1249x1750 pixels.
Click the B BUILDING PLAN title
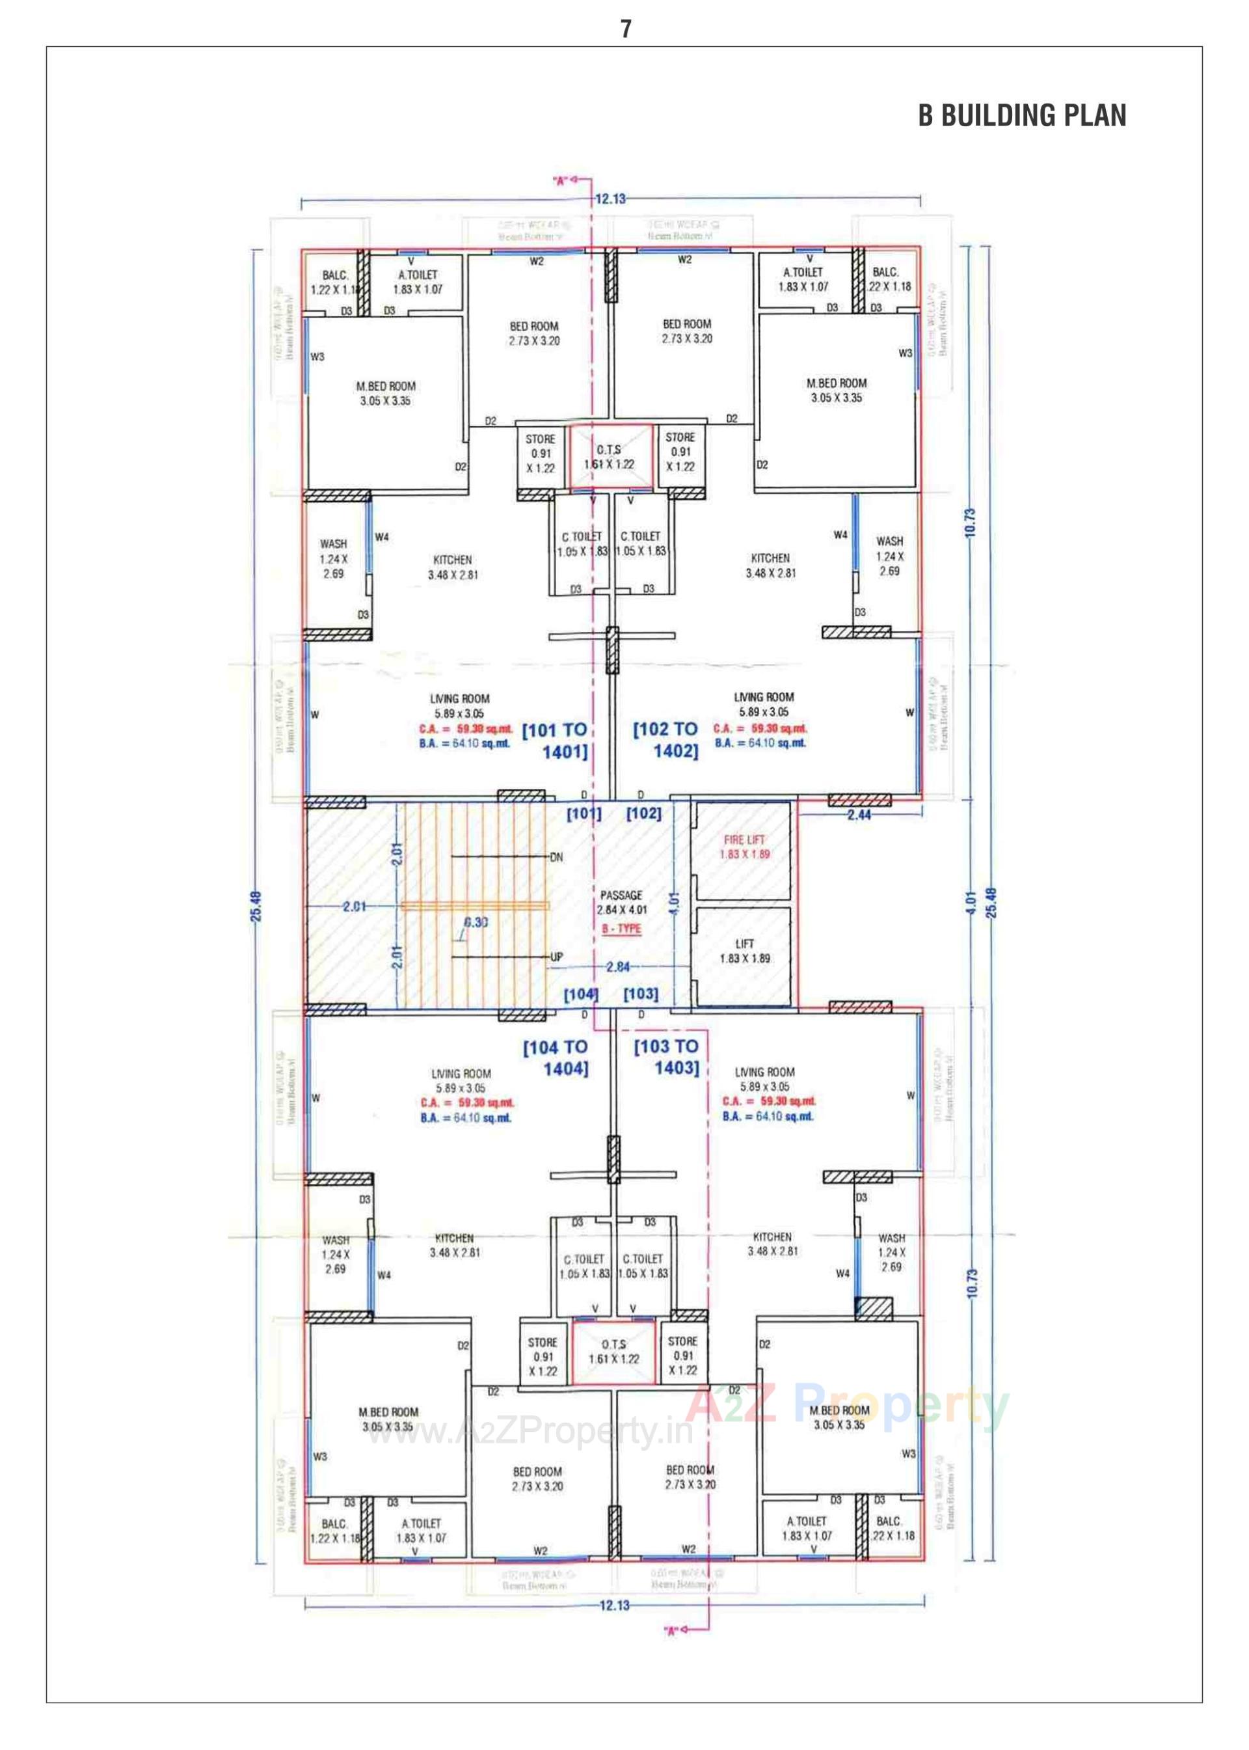click(1021, 115)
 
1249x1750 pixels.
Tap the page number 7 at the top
click(626, 29)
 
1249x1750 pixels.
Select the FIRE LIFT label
click(744, 840)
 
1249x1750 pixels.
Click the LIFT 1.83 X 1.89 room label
click(744, 951)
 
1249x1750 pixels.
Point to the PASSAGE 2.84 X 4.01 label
click(621, 901)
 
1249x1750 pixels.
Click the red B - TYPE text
click(621, 929)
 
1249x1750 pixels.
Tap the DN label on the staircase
click(557, 857)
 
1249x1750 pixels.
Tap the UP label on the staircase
click(557, 957)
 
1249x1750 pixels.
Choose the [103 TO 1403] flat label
click(667, 1056)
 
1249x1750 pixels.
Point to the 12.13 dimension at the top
click(611, 199)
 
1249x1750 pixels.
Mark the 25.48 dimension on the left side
click(257, 905)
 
